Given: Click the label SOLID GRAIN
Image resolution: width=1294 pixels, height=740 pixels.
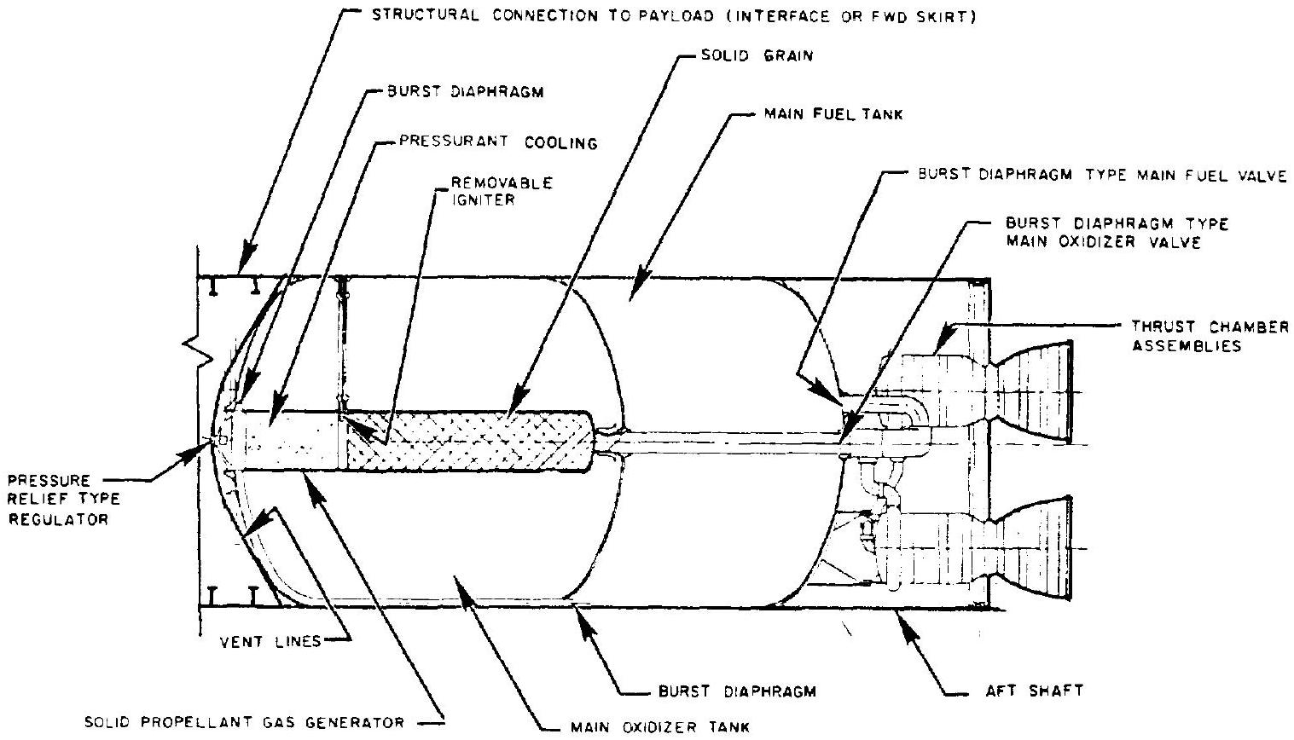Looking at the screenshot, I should pyautogui.click(x=757, y=56).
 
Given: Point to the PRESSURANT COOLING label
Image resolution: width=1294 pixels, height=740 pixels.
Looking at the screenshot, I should pyautogui.click(x=498, y=143).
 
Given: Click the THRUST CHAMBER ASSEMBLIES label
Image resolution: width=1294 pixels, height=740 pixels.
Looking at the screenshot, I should pyautogui.click(x=1209, y=336).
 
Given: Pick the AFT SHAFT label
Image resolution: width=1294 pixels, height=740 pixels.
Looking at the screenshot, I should pyautogui.click(x=1033, y=691).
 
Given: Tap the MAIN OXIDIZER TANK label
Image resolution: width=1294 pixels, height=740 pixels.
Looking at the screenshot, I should pyautogui.click(x=659, y=727).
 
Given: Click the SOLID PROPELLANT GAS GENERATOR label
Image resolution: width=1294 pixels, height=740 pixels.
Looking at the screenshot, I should pyautogui.click(x=244, y=723).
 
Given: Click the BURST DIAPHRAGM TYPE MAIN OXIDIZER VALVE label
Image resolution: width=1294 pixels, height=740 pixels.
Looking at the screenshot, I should pyautogui.click(x=1117, y=233).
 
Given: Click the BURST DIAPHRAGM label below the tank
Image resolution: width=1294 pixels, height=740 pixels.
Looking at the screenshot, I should pyautogui.click(x=738, y=691).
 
